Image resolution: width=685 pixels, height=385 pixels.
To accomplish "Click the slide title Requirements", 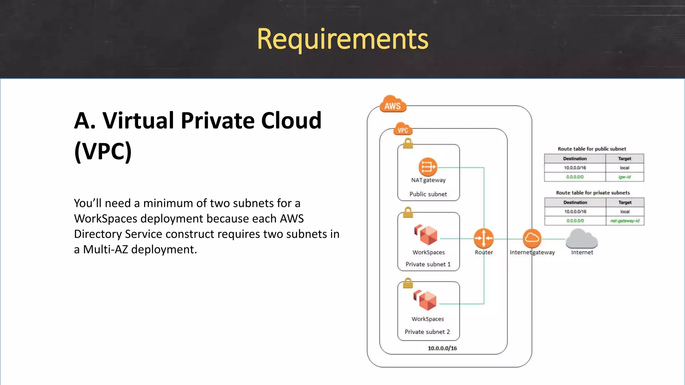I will pos(342,39).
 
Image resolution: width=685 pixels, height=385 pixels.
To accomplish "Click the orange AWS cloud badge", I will pos(393,105).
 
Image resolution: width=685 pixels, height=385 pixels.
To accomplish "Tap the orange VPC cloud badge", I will pos(403,129).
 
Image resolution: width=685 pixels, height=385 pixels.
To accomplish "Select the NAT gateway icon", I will pos(428,167).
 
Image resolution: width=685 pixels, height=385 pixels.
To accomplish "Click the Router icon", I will pos(484,238).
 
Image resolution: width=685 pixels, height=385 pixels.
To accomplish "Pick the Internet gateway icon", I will pos(532,238).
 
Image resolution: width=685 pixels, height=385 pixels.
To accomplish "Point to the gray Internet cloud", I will pos(582,239).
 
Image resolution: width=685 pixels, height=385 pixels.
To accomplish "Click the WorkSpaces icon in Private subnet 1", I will pos(426,235).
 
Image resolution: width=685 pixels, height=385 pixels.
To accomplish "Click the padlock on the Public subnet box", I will pos(408,143).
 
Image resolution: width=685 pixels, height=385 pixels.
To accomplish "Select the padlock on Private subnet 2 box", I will pos(408,283).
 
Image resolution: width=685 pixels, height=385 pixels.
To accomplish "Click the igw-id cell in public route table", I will pos(624,177).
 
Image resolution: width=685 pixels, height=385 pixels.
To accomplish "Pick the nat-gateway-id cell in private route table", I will pos(624,221).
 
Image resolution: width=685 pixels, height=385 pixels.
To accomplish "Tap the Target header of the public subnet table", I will pos(624,158).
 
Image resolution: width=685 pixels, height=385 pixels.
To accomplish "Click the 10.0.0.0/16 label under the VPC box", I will pos(442,348).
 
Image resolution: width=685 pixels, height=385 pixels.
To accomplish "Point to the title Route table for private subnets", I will pos(593,192).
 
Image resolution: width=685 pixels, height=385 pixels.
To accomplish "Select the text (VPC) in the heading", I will pos(103,151).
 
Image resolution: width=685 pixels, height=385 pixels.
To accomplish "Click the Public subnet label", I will pos(428,194).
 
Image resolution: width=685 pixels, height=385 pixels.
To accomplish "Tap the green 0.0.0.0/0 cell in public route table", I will pos(575,177).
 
